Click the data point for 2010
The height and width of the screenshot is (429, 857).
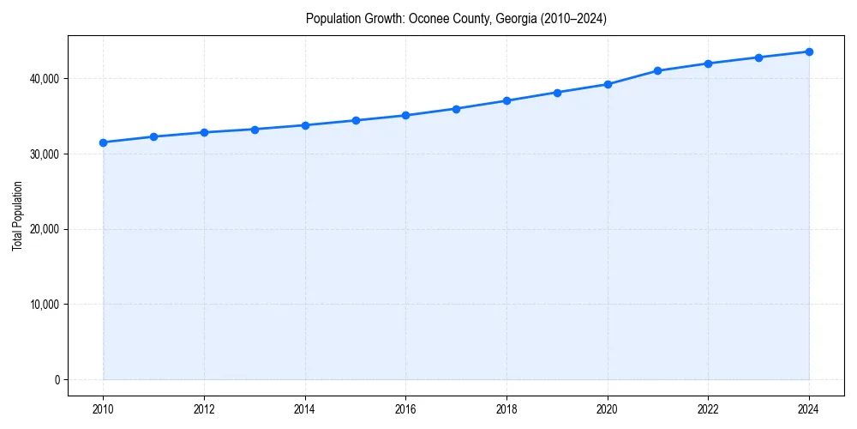click(x=103, y=142)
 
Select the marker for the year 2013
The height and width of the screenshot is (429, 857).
click(x=255, y=130)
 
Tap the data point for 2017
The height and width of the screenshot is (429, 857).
click(x=456, y=109)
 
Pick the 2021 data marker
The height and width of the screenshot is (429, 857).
click(x=657, y=71)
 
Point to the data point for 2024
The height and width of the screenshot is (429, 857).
click(x=809, y=51)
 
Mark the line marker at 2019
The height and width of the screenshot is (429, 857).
click(x=557, y=93)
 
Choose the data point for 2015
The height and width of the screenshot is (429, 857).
click(x=355, y=120)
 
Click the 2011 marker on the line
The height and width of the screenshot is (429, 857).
click(x=153, y=136)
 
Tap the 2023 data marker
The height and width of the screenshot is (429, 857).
click(x=758, y=57)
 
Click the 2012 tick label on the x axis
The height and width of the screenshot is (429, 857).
click(x=204, y=410)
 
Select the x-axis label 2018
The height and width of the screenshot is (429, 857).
click(x=506, y=410)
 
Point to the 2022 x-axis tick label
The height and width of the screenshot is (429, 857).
click(x=708, y=410)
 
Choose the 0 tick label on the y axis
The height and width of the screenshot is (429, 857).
click(x=57, y=380)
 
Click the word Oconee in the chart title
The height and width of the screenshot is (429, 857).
click(x=427, y=19)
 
